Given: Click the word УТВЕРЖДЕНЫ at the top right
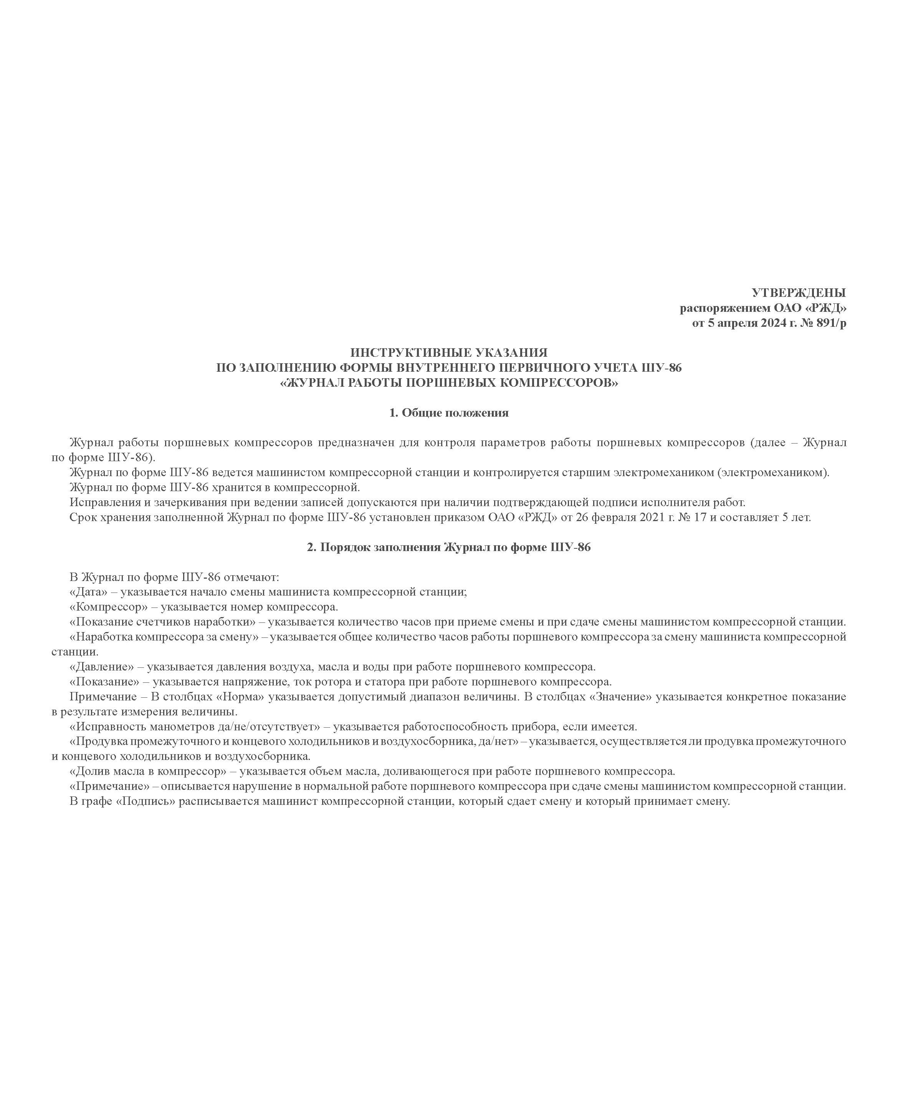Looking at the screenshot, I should click(799, 293).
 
